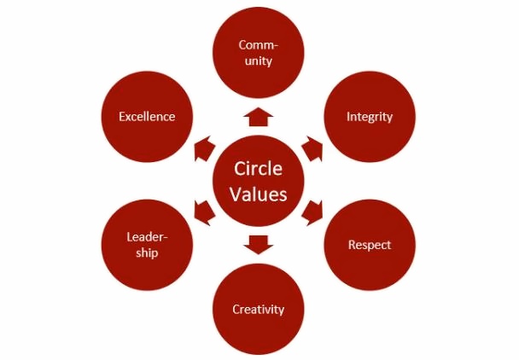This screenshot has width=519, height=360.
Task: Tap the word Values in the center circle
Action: (258, 194)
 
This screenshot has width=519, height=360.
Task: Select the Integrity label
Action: (369, 116)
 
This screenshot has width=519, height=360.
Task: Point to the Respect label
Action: (369, 245)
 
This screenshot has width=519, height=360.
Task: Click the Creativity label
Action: (258, 309)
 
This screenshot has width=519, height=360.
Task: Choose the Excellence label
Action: (147, 116)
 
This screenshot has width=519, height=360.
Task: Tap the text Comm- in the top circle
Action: (258, 44)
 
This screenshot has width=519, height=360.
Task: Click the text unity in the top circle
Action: (258, 61)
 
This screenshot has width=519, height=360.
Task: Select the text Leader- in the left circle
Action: (147, 236)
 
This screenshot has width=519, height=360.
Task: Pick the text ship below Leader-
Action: (147, 253)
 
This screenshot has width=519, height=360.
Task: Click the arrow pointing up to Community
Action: (258, 116)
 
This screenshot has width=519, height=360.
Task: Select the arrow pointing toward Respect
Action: (312, 211)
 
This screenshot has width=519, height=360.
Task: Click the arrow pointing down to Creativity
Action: (258, 245)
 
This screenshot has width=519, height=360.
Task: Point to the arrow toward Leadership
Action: (204, 211)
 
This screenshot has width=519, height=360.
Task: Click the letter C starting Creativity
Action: (236, 309)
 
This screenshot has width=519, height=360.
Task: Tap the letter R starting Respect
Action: (352, 245)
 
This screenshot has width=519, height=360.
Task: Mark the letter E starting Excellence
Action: (122, 116)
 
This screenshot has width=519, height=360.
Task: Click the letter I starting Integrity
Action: (347, 116)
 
